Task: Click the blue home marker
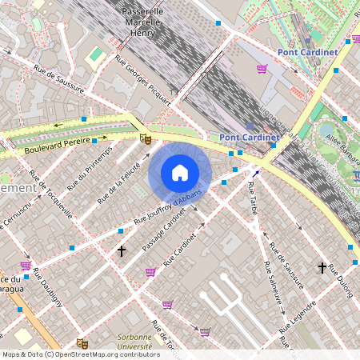click(x=180, y=173)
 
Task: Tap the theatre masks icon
click(x=145, y=138)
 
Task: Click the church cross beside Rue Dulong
click(x=322, y=267)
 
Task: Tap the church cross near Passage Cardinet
click(x=122, y=251)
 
